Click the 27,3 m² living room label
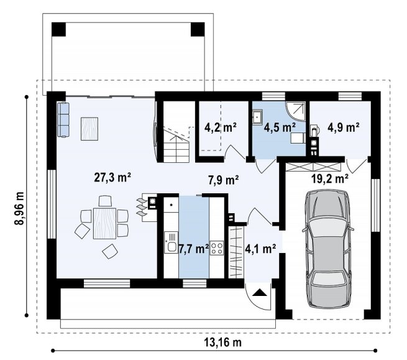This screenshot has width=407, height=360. coord(112,178)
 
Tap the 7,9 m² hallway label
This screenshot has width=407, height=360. coord(224,180)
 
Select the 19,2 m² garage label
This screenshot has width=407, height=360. coord(330,178)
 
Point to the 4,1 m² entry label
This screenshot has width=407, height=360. coord(260,249)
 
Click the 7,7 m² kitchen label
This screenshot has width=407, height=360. coord(194,249)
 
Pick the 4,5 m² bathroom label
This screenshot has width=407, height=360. coord(280,127)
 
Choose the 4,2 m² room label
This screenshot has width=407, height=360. coord(221,127)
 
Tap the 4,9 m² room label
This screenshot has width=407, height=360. coord(344,127)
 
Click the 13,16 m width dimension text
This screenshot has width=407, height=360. coord(223,343)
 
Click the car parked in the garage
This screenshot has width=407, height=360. coord(328,249)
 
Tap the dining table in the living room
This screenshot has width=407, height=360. coord(104,223)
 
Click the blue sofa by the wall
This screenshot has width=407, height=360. coord(63,120)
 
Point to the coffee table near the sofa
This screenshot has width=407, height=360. coord(89,129)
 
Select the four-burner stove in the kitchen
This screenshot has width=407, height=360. coord(217,248)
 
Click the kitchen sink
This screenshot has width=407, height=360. coord(171,242)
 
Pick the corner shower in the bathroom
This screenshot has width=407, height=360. coord(296,112)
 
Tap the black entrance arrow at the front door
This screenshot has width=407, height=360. coord(260,292)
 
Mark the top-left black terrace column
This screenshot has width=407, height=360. coord(58,29)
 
